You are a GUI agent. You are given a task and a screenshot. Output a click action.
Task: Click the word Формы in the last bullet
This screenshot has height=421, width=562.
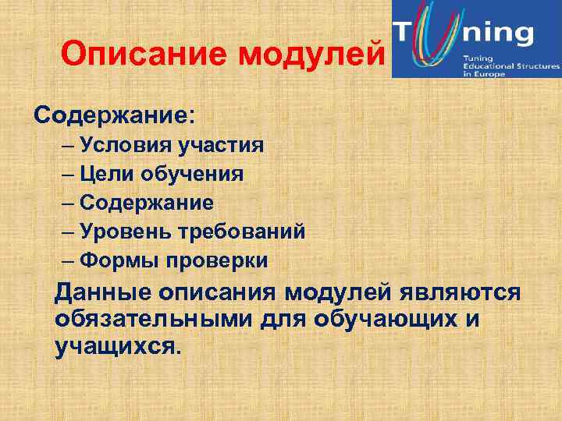(118, 261)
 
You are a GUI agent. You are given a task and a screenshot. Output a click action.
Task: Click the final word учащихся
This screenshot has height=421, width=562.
(117, 345)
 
